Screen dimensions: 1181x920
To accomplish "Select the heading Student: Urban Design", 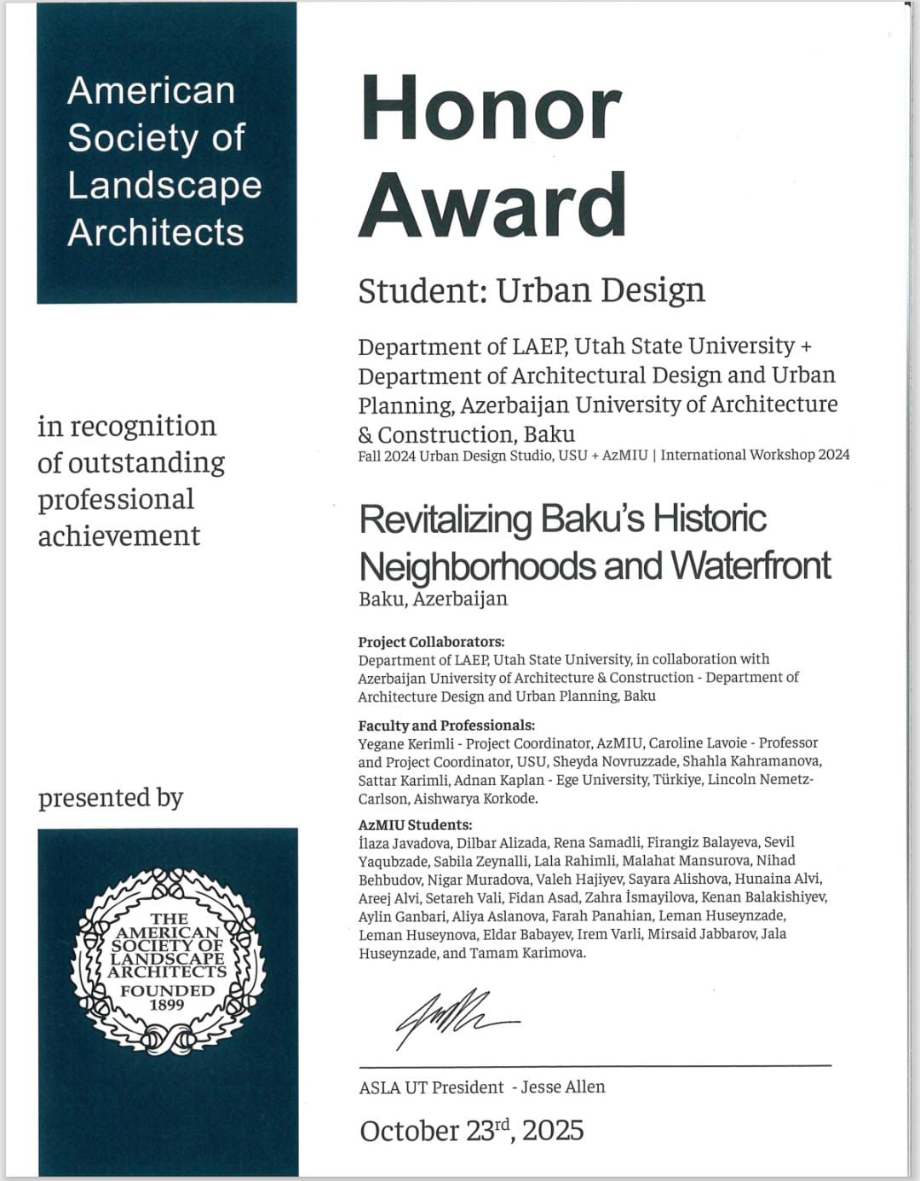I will pos(531,290).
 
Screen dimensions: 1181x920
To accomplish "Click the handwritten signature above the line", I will pos(451,1018).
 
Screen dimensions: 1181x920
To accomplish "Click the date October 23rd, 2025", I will pos(471,1131).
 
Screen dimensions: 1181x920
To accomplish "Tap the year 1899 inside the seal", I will pos(167,1005).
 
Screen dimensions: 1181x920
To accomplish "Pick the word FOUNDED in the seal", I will pos(167,990).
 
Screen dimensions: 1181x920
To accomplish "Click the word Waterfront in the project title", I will pos(750,565).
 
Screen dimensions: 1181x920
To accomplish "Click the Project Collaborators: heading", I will pos(431,642).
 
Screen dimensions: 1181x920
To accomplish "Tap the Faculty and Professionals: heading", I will pos(446,725).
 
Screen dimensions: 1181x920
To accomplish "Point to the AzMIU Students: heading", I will pos(415,824).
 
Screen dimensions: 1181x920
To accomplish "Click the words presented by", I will pos(111,798).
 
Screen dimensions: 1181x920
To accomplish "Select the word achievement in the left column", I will pos(119,536).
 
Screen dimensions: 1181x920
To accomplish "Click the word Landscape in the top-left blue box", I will pos(164,186).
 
